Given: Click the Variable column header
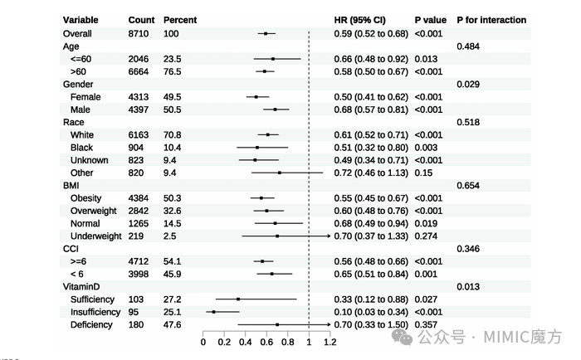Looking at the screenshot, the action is pyautogui.click(x=81, y=20).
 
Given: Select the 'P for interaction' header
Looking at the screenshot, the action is pyautogui.click(x=491, y=20).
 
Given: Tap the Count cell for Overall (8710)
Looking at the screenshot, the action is pyautogui.click(x=139, y=34).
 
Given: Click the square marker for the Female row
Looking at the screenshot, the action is pyautogui.click(x=256, y=97).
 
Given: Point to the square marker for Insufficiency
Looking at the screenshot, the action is pyautogui.click(x=214, y=312).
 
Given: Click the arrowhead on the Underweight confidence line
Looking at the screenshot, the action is pyautogui.click(x=329, y=236).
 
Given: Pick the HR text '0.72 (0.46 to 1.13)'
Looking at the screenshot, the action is pyautogui.click(x=371, y=173).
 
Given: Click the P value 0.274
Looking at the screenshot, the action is pyautogui.click(x=426, y=236).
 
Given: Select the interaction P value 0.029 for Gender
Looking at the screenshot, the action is pyautogui.click(x=468, y=85).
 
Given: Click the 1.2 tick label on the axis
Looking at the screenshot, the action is pyautogui.click(x=330, y=342).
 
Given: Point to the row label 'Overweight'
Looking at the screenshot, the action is pyautogui.click(x=93, y=212).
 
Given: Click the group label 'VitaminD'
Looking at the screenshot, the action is pyautogui.click(x=81, y=287).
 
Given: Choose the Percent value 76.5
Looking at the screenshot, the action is pyautogui.click(x=173, y=72).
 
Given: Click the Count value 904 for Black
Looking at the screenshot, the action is pyautogui.click(x=135, y=148).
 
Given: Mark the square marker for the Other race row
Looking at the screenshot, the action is pyautogui.click(x=280, y=173).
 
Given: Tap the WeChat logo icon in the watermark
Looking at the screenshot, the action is pyautogui.click(x=402, y=337).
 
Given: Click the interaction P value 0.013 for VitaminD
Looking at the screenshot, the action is pyautogui.click(x=468, y=287).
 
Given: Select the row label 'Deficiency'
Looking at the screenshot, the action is pyautogui.click(x=91, y=325).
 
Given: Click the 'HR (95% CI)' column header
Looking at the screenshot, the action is pyautogui.click(x=359, y=20).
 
